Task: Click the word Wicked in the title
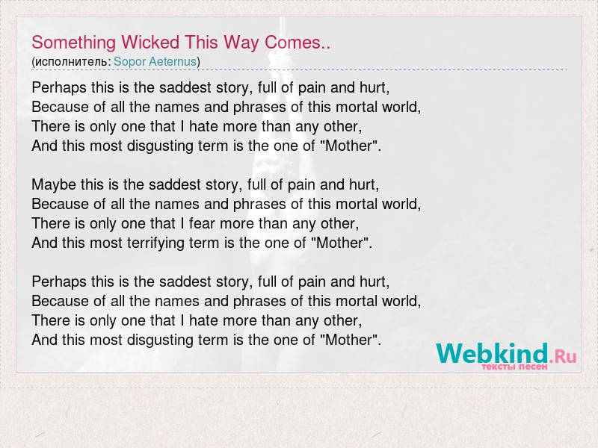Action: (150, 43)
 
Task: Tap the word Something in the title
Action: (73, 43)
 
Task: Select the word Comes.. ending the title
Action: (298, 43)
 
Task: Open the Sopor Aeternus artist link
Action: (155, 62)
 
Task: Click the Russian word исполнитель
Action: (71, 62)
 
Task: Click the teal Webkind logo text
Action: (492, 353)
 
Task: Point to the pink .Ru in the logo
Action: (563, 356)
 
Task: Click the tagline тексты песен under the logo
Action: (514, 367)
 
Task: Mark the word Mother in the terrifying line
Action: (341, 243)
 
